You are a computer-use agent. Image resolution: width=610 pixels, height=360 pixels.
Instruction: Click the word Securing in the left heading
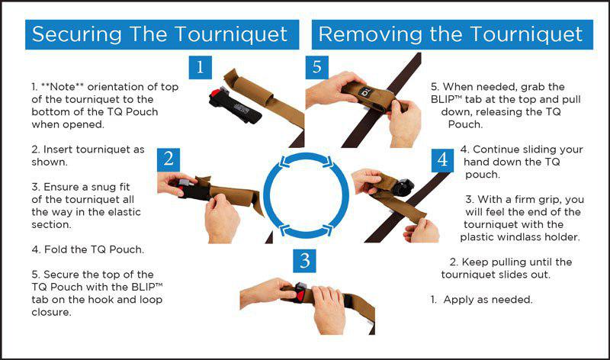(x=77, y=34)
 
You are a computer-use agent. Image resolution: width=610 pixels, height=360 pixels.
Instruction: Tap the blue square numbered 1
(x=200, y=67)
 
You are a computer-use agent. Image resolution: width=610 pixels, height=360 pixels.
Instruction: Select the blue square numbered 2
(x=169, y=159)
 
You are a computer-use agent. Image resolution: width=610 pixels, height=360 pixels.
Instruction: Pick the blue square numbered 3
(x=304, y=261)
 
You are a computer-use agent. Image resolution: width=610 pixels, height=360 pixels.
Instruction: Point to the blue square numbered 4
(x=442, y=160)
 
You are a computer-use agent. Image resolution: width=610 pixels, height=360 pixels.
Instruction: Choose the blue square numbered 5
(x=316, y=67)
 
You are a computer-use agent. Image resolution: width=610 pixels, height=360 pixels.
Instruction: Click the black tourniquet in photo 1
(x=235, y=105)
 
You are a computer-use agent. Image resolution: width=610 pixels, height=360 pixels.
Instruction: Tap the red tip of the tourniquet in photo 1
(x=214, y=94)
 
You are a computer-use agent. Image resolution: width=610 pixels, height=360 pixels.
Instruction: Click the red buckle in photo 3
(x=300, y=295)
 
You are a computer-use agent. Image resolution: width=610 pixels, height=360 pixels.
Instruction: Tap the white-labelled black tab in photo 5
(x=366, y=93)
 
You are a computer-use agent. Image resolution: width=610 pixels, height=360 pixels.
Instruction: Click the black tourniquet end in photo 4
(x=402, y=187)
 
